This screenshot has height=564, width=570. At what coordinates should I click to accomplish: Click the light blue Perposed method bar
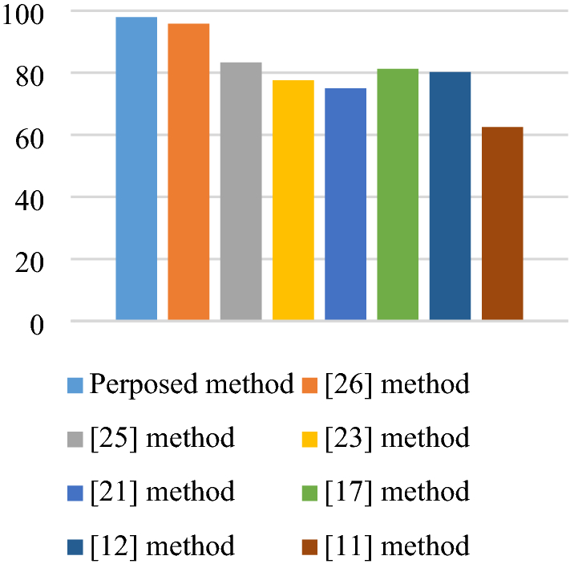tap(136, 168)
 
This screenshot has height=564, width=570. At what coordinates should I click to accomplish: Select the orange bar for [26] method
tap(188, 172)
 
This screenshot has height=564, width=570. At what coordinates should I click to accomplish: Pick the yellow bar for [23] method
tap(293, 200)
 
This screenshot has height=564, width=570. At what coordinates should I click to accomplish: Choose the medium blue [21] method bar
tap(346, 204)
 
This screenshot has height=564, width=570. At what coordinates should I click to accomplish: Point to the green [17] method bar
tap(398, 194)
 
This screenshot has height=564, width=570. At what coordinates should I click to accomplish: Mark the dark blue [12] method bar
tap(450, 196)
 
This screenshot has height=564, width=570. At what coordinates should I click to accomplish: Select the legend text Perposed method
tap(192, 384)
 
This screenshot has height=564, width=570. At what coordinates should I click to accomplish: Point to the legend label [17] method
tap(397, 492)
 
